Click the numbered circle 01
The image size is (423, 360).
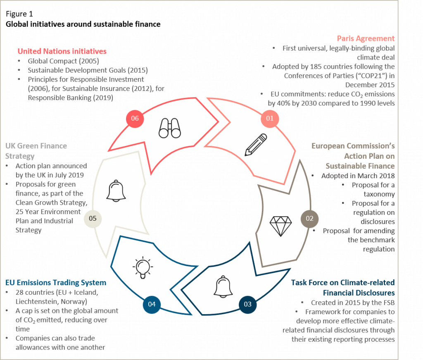coord(270,119)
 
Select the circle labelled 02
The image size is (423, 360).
coord(309,218)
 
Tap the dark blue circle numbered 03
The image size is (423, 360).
coord(247,304)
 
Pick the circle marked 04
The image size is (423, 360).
coord(151,304)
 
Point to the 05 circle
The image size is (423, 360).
coord(93,218)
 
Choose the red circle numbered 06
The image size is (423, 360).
coord(134,119)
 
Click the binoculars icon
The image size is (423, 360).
coord(170,129)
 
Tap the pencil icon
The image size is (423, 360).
coord(256,144)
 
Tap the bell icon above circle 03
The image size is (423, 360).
coord(224,285)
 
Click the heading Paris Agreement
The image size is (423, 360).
coord(366,38)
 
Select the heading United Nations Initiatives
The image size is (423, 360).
coord(62,51)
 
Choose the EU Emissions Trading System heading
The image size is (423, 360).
coord(56,283)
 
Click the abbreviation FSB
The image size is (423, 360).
coord(387,302)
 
